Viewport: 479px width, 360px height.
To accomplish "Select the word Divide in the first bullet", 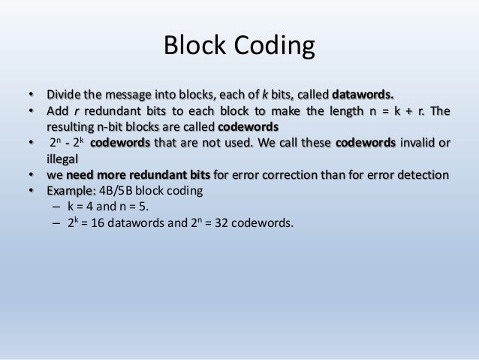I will pos(65,96).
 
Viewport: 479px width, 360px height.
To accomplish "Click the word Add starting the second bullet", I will pos(59,112).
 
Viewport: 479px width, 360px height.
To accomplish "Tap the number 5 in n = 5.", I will pos(140,207).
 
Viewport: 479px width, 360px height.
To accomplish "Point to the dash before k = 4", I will pos(55,207).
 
